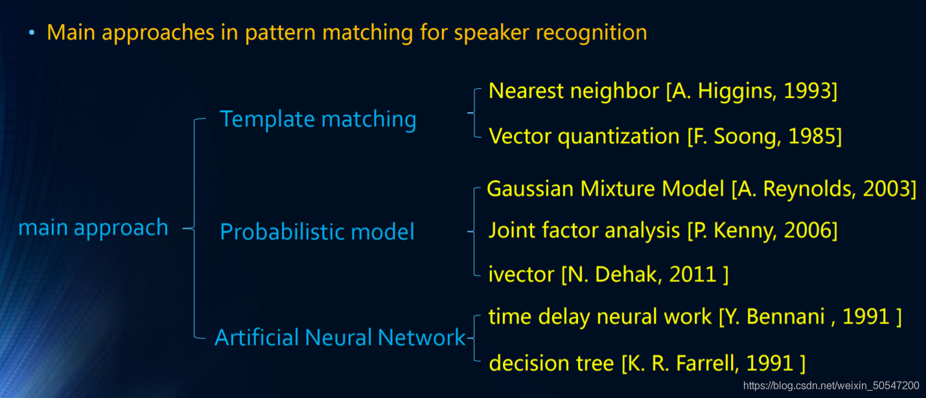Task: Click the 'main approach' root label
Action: [93, 228]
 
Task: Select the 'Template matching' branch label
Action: [318, 119]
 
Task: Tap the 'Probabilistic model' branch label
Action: [317, 231]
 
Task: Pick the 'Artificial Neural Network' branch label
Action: [340, 338]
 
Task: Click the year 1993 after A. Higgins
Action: [807, 91]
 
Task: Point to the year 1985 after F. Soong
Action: [811, 137]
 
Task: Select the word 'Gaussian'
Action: [530, 189]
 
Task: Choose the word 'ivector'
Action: [521, 274]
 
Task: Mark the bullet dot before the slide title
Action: [32, 32]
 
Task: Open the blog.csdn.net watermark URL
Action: [831, 386]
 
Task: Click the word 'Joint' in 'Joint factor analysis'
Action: [511, 230]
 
